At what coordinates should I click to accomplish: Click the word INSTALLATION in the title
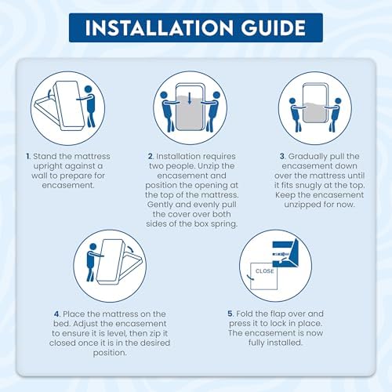159,27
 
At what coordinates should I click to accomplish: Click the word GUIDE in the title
274,27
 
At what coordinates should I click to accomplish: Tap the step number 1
28,156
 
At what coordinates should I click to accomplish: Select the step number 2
151,156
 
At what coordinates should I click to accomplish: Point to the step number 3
282,156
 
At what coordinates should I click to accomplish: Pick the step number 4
57,314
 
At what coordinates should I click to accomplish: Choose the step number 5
230,314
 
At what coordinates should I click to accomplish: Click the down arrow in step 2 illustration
190,99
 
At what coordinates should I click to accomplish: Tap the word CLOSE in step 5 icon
264,271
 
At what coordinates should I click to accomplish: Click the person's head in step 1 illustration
89,89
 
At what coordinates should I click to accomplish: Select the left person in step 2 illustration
167,111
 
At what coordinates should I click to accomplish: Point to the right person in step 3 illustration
333,115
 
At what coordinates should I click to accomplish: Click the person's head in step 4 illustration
93,247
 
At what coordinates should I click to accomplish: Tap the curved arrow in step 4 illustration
130,249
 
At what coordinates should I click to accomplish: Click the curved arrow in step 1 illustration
49,93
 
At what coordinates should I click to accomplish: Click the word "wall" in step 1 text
39,176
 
